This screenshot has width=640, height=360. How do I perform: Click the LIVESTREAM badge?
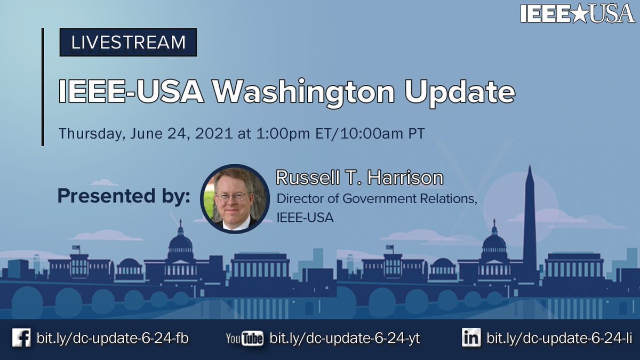[128, 42]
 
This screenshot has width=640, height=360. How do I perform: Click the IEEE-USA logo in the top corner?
[578, 13]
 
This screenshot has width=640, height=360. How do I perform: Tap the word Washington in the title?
[304, 92]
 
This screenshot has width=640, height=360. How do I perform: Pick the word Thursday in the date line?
[91, 133]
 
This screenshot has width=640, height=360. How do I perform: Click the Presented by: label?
[124, 196]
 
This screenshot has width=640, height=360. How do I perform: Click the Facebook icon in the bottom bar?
[21, 338]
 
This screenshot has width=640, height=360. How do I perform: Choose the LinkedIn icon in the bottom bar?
[471, 338]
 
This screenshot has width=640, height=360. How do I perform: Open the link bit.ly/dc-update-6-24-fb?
[113, 338]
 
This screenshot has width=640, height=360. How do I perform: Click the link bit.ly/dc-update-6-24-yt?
[345, 338]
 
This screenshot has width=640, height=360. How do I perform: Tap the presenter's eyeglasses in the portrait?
[233, 196]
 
